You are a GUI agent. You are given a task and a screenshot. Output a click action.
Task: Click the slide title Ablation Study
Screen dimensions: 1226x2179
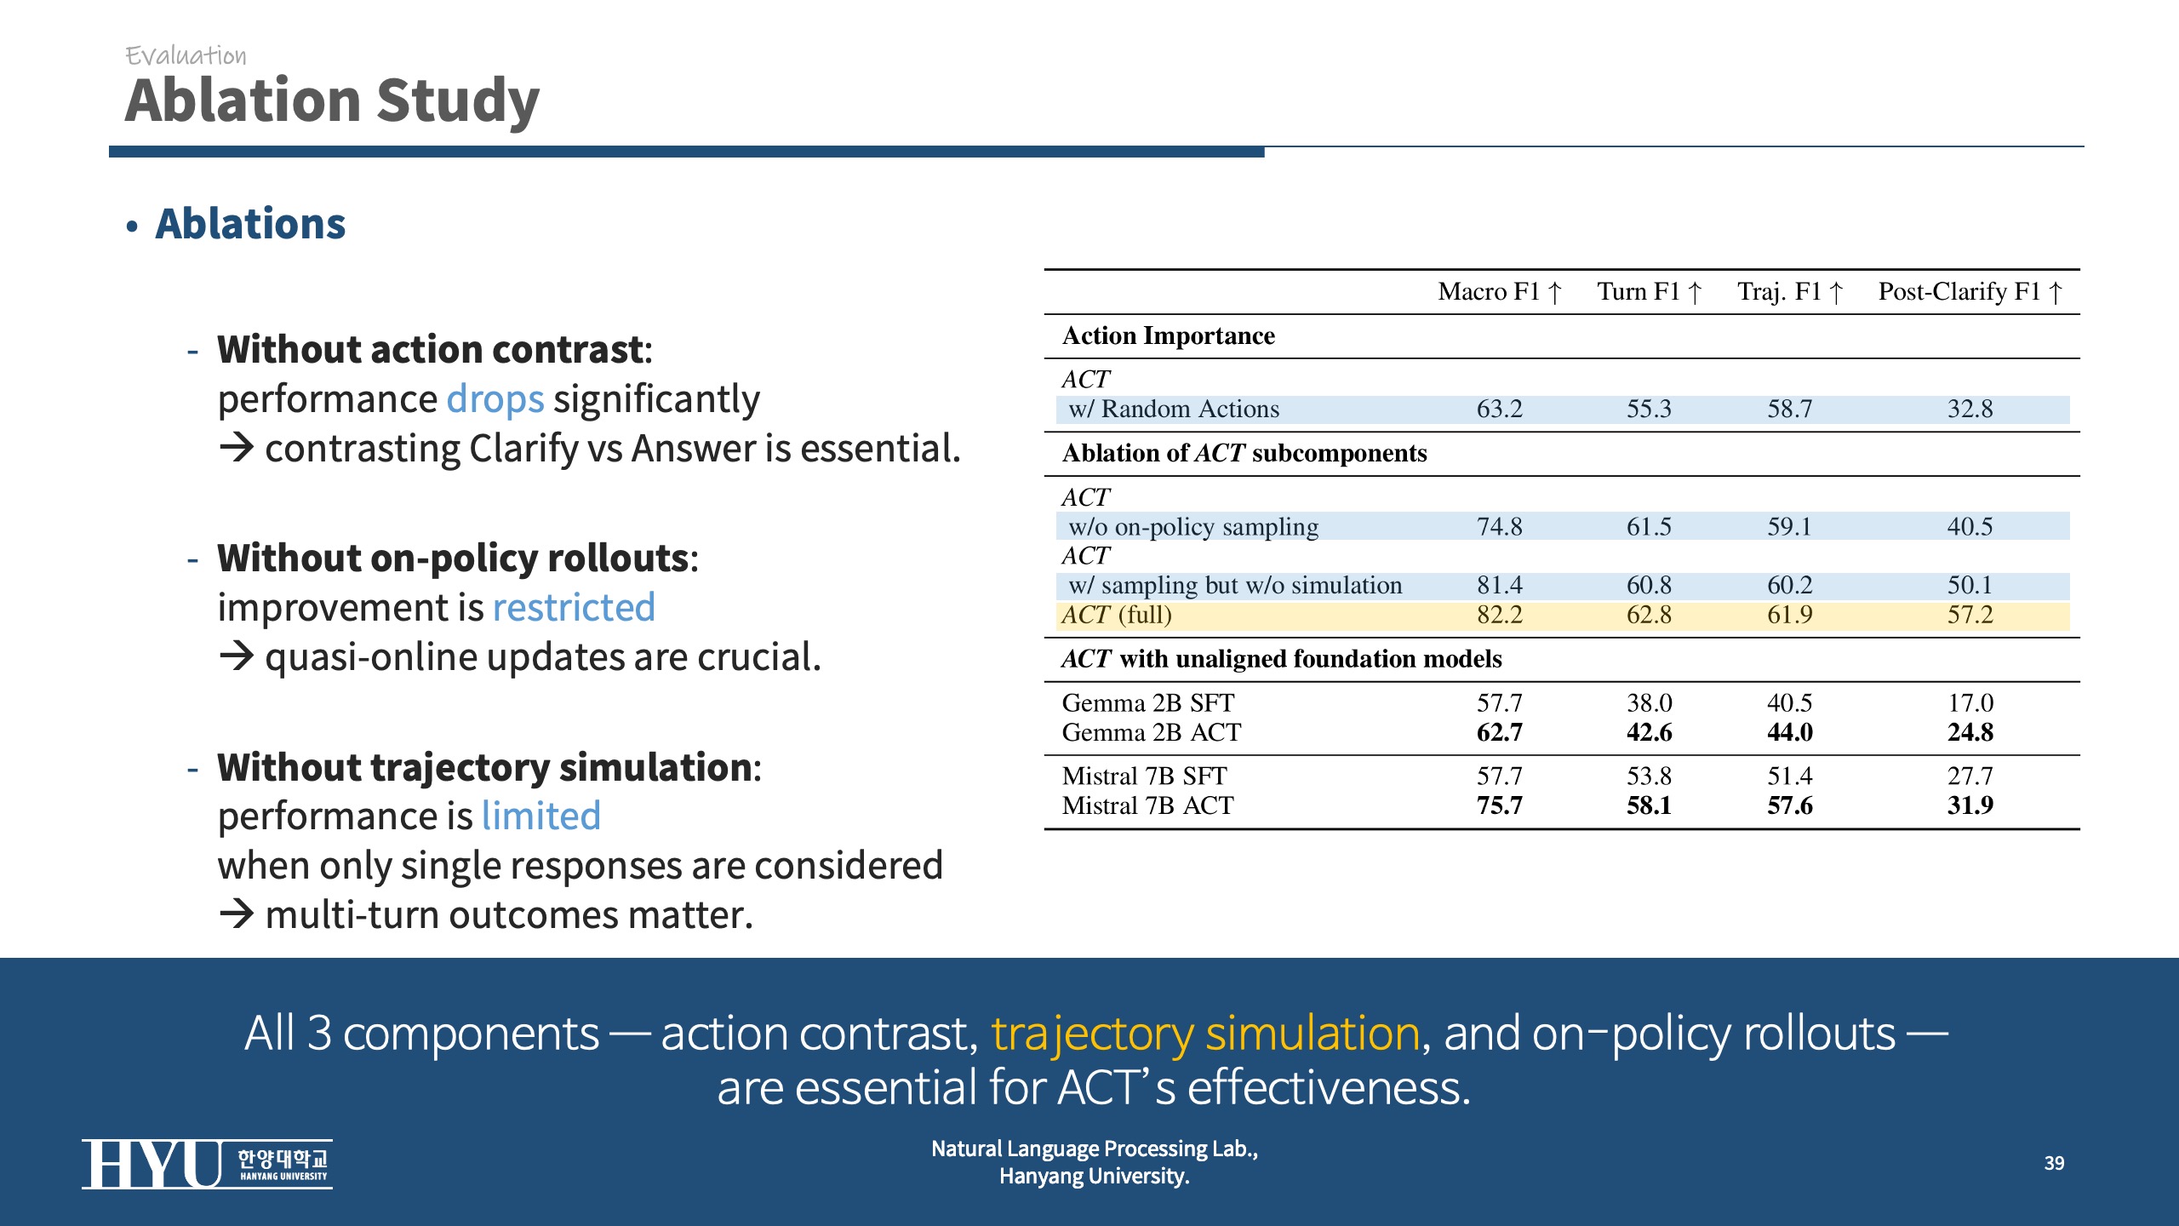point(332,100)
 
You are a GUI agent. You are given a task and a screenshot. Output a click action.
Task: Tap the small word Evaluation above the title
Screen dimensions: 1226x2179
point(186,56)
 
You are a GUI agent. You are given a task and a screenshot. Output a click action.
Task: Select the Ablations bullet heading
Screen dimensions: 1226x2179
point(250,224)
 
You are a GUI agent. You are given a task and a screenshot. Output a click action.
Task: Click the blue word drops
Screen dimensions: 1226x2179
point(495,399)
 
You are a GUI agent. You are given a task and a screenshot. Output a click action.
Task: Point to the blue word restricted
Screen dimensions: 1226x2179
point(574,608)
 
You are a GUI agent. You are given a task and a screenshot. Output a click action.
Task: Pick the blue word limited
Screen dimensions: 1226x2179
point(540,816)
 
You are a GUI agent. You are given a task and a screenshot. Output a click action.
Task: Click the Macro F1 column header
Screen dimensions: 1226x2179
point(1499,292)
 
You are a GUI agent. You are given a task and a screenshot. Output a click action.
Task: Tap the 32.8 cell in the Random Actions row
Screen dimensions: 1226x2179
point(1970,410)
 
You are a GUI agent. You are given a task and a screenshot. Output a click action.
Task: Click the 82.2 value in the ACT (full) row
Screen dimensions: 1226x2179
point(1499,615)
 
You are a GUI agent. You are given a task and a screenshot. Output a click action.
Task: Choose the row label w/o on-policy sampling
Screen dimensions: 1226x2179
point(1193,527)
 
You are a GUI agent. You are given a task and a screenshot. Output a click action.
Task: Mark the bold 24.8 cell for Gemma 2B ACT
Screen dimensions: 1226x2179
point(1970,732)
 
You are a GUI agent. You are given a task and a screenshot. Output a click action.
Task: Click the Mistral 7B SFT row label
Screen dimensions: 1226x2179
point(1144,776)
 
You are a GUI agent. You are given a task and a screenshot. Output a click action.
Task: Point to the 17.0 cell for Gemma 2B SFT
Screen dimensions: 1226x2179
point(1970,703)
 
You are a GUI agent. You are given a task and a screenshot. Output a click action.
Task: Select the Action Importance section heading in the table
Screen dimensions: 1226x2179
point(1168,336)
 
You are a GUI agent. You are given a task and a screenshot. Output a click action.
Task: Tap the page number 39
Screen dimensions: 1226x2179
point(2054,1163)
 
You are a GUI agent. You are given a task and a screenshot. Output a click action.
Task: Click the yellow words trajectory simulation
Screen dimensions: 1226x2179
point(1205,1034)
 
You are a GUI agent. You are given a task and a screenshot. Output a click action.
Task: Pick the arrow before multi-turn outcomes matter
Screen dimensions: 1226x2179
point(237,914)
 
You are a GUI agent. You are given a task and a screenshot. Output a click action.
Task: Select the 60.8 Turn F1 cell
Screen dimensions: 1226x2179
point(1649,586)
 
